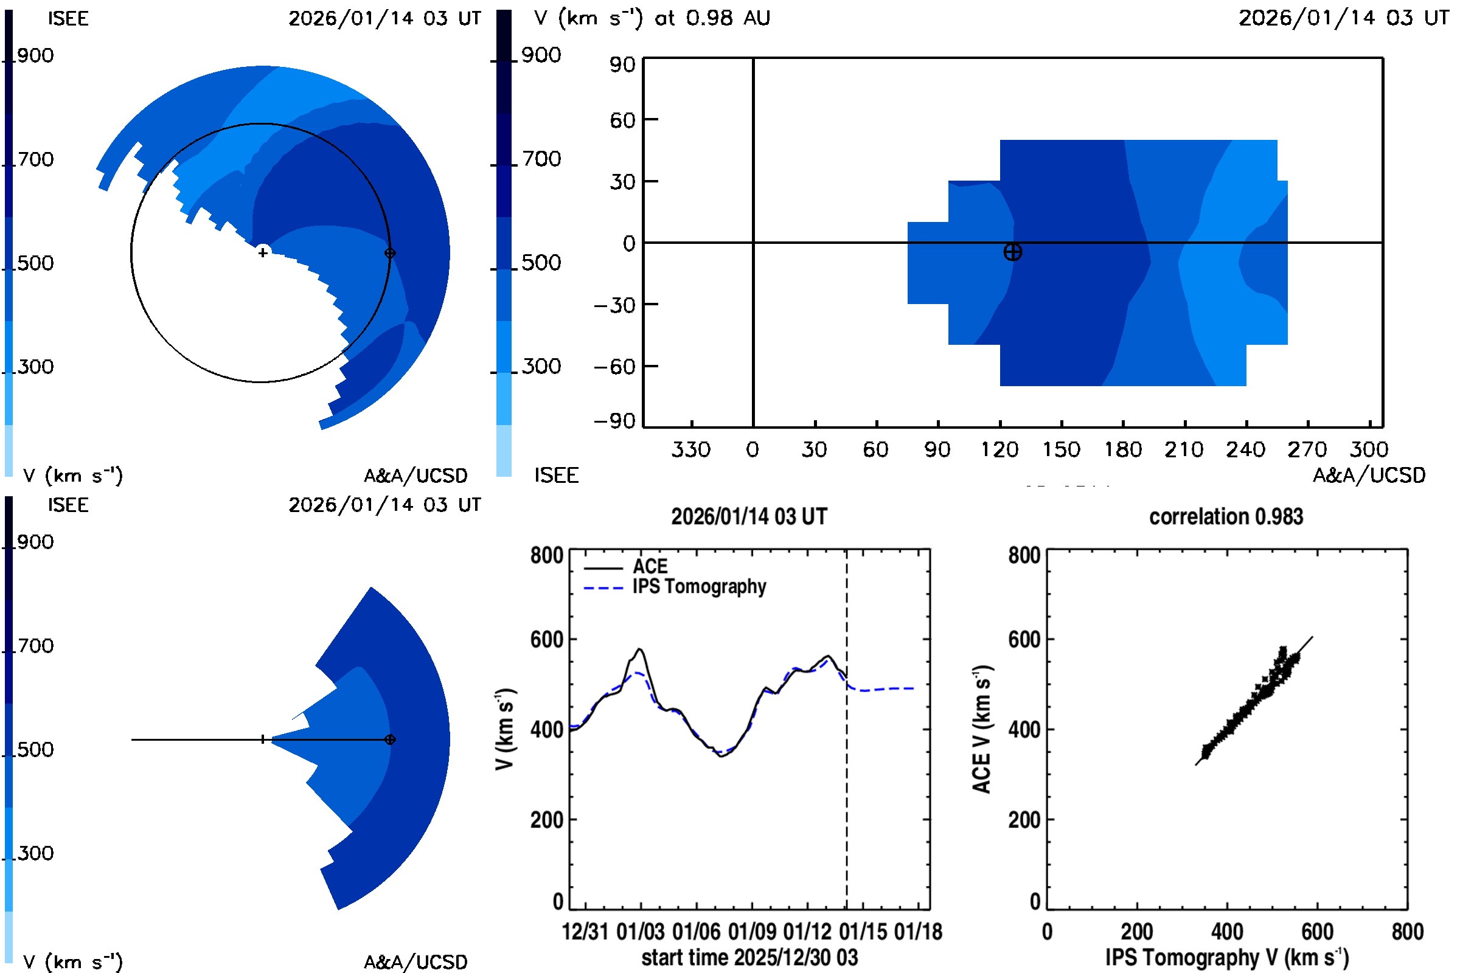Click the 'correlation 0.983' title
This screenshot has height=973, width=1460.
pyautogui.click(x=1225, y=517)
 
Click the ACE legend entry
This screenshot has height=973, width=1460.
pyautogui.click(x=649, y=567)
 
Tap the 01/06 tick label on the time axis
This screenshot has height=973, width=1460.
pyautogui.click(x=696, y=932)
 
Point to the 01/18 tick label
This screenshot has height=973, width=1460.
pyautogui.click(x=918, y=932)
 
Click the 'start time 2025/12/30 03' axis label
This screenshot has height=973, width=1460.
pyautogui.click(x=749, y=957)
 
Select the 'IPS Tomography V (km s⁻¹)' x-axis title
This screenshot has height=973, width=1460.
pyautogui.click(x=1226, y=957)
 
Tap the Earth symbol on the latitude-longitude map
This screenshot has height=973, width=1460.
pyautogui.click(x=1012, y=252)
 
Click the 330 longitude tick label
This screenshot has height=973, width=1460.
pyautogui.click(x=691, y=450)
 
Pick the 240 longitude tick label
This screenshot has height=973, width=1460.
pyautogui.click(x=1245, y=450)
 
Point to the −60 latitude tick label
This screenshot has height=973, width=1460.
pyautogui.click(x=614, y=367)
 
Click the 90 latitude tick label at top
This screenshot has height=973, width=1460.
pyautogui.click(x=622, y=64)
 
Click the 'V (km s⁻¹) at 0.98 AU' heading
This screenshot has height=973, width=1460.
pyautogui.click(x=652, y=18)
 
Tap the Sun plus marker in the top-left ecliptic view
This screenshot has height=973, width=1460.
pyautogui.click(x=263, y=252)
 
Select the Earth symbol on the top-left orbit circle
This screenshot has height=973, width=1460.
pyautogui.click(x=390, y=253)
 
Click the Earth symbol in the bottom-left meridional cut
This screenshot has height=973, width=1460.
pyautogui.click(x=390, y=739)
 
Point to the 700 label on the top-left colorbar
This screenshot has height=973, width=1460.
pyautogui.click(x=35, y=159)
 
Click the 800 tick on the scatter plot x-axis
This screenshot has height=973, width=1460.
pyautogui.click(x=1406, y=932)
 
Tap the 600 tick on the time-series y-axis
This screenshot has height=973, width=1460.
pyautogui.click(x=546, y=639)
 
